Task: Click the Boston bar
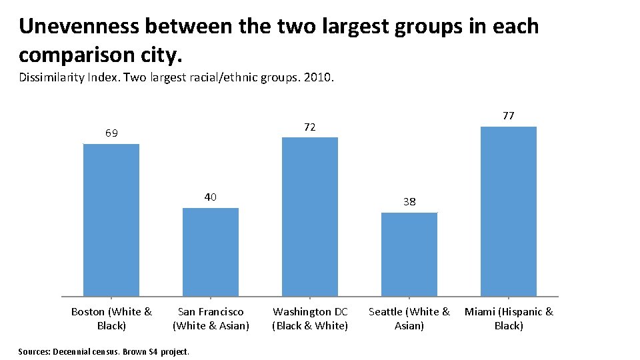coord(111,220)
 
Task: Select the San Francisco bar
coord(211,252)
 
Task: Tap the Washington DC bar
coord(310,217)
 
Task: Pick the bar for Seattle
coord(409,254)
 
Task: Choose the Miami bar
coord(508,211)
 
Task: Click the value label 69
coord(111,133)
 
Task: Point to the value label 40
coord(211,197)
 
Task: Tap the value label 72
coord(310,127)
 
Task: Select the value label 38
coord(409,201)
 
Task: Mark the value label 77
coord(508,116)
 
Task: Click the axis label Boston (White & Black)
coord(111,319)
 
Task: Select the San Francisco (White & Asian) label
coord(211,319)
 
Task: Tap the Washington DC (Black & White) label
coord(310,319)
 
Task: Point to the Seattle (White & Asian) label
coord(409,319)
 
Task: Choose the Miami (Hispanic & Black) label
coord(509,319)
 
